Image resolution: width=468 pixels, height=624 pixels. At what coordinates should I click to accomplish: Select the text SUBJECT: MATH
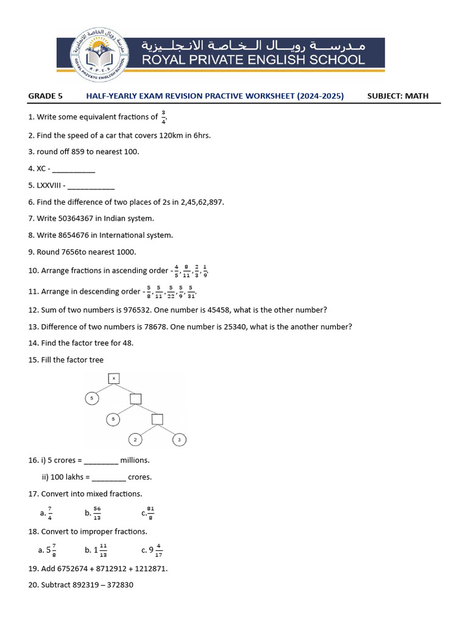pyautogui.click(x=398, y=96)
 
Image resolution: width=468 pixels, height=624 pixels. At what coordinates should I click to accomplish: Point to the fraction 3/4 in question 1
pyautogui.click(x=163, y=116)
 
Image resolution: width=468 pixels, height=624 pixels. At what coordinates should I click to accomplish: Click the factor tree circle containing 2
pyautogui.click(x=135, y=439)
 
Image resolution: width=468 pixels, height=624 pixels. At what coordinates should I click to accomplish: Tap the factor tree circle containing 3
pyautogui.click(x=179, y=439)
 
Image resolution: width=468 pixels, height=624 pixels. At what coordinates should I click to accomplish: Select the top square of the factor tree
pyautogui.click(x=113, y=379)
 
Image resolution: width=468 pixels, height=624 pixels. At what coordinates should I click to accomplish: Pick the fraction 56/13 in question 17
pyautogui.click(x=97, y=513)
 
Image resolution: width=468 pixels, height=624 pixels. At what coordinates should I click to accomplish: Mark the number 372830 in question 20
pyautogui.click(x=118, y=585)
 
